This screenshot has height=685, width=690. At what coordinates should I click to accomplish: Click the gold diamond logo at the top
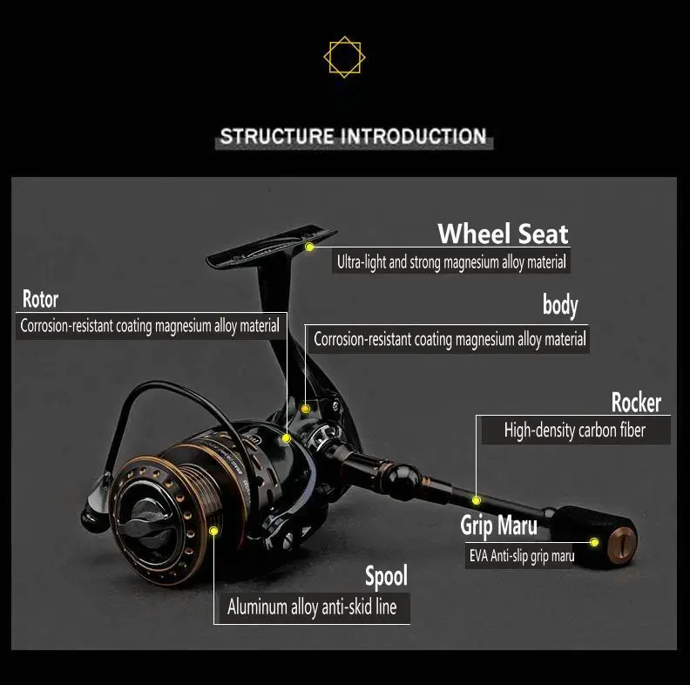344,58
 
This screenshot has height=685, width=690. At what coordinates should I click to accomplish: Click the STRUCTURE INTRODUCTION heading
353,137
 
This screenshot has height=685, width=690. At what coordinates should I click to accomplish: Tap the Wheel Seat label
503,234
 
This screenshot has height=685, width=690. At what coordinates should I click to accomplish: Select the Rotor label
40,300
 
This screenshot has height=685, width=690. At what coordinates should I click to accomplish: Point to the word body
560,305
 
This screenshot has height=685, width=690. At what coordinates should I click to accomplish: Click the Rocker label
635,403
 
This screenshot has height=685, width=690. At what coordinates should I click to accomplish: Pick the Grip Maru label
498,526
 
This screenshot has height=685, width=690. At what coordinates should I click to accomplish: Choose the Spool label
386,576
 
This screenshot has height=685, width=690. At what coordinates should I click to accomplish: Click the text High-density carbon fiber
574,431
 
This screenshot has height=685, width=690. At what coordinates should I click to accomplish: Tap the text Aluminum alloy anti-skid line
312,607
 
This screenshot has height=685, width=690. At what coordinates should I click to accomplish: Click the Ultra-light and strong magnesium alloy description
451,261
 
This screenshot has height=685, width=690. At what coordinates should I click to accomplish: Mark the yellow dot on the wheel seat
309,248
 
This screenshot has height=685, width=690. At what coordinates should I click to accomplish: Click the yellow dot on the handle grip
594,542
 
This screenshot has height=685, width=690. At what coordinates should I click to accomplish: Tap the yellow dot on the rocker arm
477,500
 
